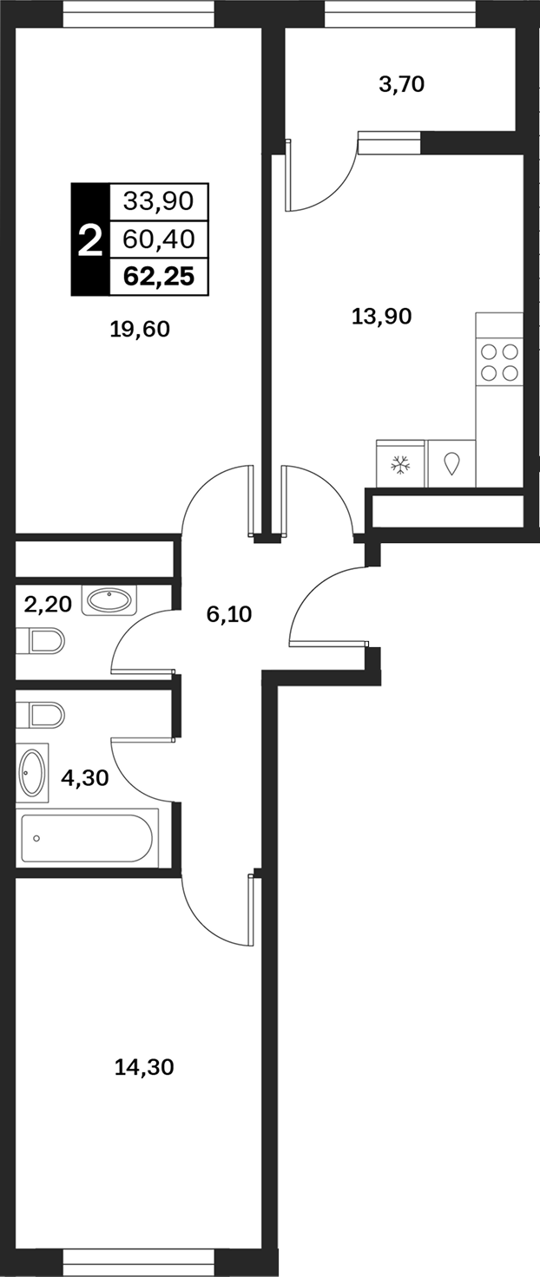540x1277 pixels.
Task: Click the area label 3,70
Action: pos(401,85)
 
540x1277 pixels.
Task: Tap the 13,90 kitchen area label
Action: pos(381,316)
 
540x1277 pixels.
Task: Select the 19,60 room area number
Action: pos(140,329)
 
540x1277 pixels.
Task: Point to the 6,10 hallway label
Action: pos(228,614)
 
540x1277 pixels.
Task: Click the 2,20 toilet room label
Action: pos(48,604)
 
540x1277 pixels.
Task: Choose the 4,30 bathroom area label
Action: pos(84,777)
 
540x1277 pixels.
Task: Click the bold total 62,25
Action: pos(159,277)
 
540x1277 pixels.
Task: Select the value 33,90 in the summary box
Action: pos(159,201)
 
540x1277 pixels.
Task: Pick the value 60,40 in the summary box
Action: pos(159,239)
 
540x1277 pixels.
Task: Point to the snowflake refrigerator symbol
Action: pos(400,463)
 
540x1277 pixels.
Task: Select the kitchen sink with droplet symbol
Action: pos(451,463)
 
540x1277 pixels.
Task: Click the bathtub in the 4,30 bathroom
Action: pos(87,838)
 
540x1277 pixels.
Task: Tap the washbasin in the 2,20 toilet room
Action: pos(109,600)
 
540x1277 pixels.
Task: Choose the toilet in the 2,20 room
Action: pos(40,641)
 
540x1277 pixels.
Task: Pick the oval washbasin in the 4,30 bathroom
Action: pos(32,772)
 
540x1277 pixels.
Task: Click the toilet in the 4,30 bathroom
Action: pos(40,715)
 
